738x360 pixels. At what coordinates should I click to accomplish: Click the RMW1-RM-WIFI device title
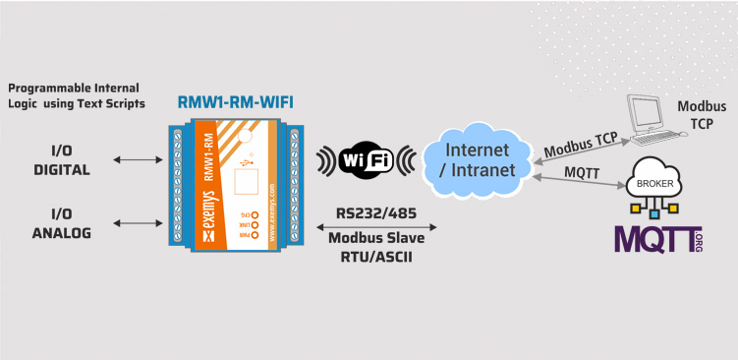235,102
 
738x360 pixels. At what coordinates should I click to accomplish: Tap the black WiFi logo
367,161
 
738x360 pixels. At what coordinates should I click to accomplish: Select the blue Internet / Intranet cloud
477,160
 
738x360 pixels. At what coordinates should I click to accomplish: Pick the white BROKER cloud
653,179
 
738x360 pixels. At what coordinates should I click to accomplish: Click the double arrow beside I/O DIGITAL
138,160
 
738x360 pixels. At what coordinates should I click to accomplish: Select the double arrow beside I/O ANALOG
138,223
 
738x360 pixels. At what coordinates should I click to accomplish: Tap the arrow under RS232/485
376,227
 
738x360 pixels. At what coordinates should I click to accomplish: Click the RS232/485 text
376,213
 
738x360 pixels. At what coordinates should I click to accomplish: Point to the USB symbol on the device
246,163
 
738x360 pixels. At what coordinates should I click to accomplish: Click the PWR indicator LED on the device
255,235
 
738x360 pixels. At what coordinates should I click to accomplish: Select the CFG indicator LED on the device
255,213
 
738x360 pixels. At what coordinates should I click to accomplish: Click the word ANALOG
62,233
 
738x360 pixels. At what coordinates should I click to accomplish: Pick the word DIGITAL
62,169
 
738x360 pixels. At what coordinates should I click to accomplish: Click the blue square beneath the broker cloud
653,214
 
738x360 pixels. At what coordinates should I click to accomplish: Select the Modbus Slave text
376,237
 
